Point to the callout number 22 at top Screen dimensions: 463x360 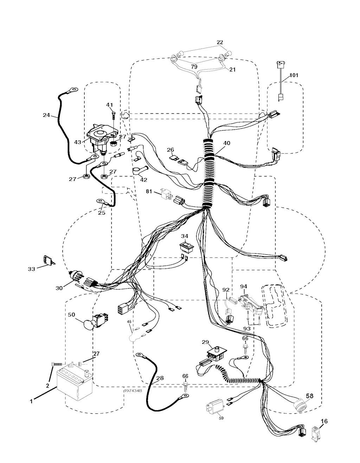coord(220,43)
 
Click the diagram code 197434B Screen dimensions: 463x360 coord(133,391)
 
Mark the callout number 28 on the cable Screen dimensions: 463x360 coord(160,378)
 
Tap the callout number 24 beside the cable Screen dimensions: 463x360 coord(46,115)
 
